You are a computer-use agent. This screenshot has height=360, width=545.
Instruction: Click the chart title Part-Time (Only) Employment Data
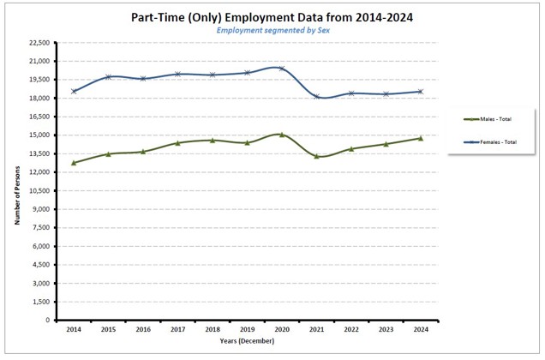(272, 16)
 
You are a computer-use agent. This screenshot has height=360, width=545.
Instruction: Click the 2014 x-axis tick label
(75, 329)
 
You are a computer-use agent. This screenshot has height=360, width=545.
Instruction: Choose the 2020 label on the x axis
(282, 329)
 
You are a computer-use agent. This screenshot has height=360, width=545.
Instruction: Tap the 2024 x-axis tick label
(420, 329)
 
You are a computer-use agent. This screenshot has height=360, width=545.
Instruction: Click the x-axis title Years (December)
(248, 341)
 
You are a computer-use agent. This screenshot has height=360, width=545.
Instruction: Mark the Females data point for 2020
(282, 69)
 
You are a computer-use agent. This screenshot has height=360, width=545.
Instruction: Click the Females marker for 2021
(316, 97)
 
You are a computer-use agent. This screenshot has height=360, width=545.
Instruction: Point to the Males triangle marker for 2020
(282, 135)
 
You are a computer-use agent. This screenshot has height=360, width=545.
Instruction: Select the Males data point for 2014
(75, 163)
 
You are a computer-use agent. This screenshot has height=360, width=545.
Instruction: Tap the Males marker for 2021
(316, 156)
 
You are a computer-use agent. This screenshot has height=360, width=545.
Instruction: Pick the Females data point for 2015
(109, 77)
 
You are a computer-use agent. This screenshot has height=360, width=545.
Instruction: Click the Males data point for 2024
(420, 138)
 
